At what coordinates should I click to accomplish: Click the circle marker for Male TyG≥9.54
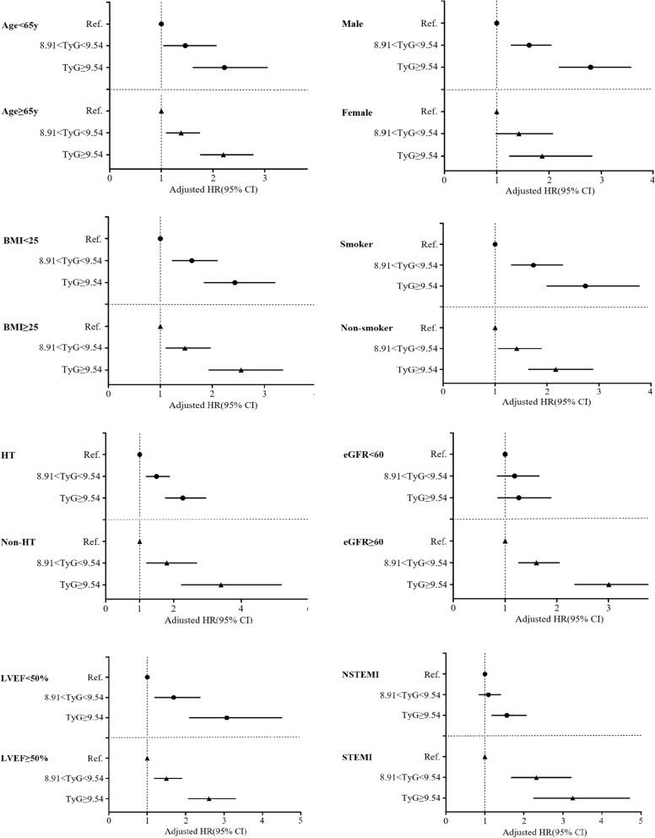coord(590,67)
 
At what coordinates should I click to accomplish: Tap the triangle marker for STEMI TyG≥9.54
coord(572,797)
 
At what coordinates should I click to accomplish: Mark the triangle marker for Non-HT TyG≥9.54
coord(221,585)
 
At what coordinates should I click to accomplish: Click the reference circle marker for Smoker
coord(495,244)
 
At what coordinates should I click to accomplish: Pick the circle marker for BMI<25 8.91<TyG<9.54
coord(192,261)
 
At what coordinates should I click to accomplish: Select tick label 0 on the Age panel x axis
coord(110,177)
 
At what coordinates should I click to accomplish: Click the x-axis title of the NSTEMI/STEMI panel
coord(545,831)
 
